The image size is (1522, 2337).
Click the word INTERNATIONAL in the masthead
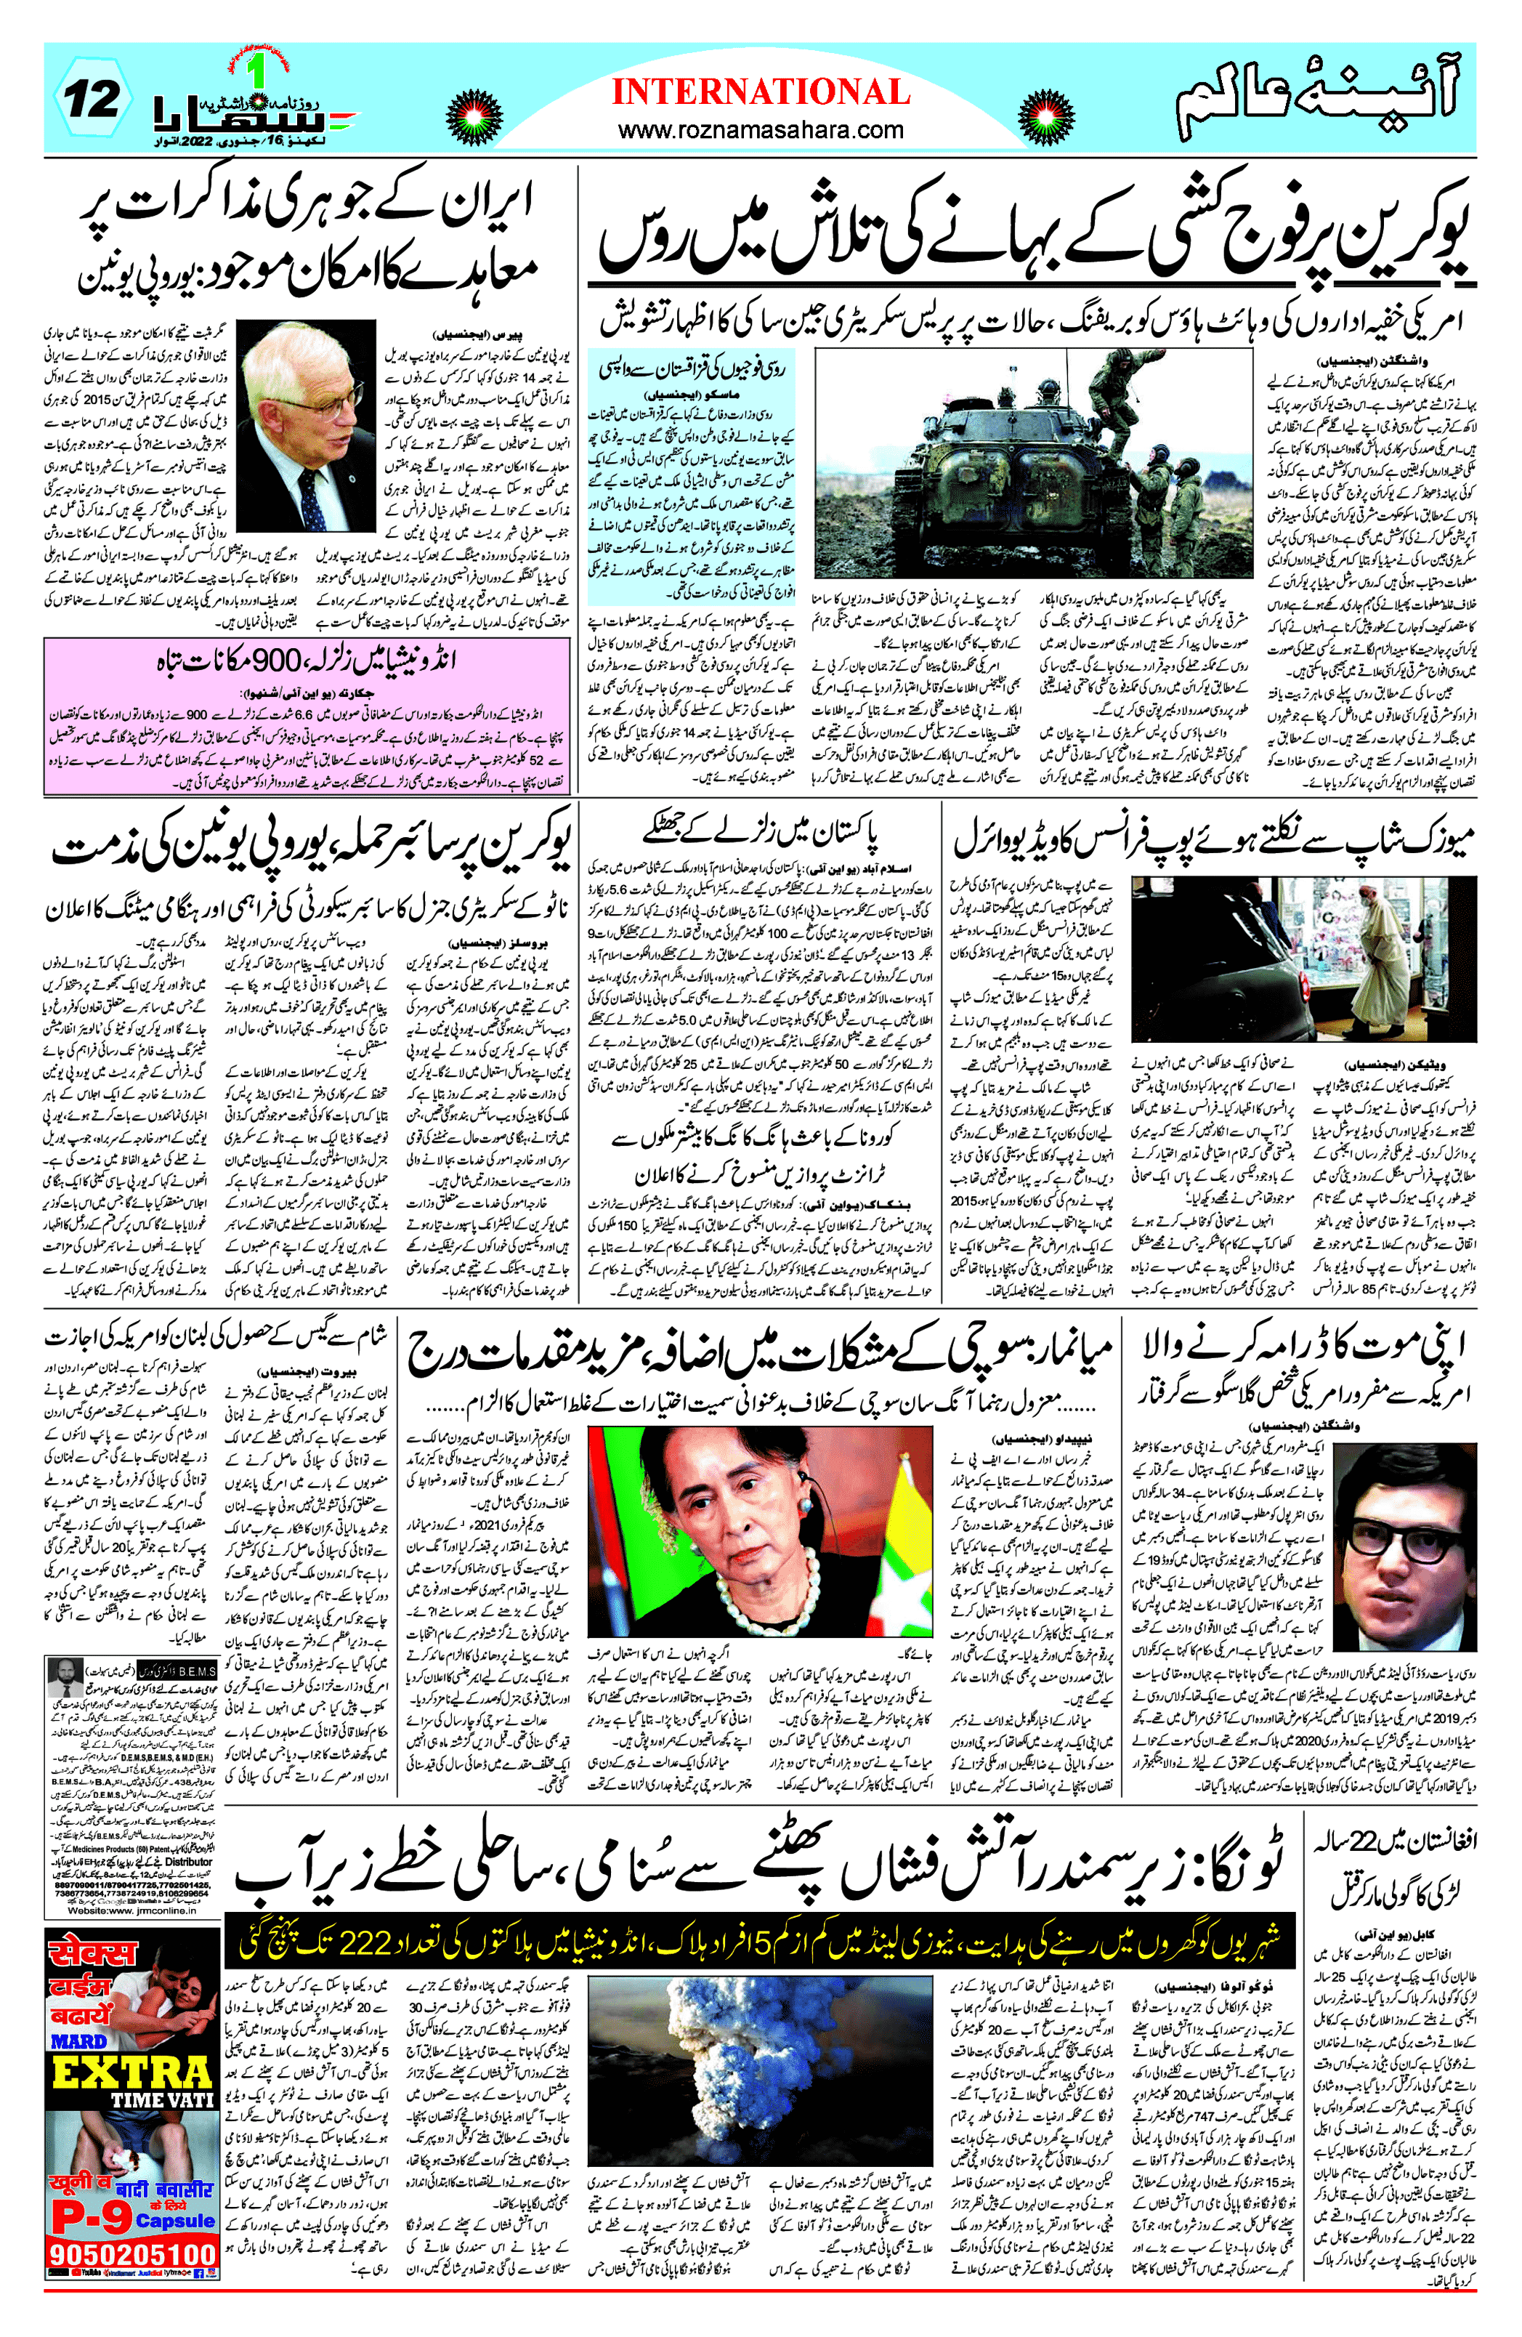pos(761,92)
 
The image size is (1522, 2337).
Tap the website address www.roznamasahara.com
pos(761,129)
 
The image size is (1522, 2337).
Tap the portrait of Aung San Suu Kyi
pos(759,1538)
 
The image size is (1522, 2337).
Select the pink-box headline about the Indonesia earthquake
pos(307,661)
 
